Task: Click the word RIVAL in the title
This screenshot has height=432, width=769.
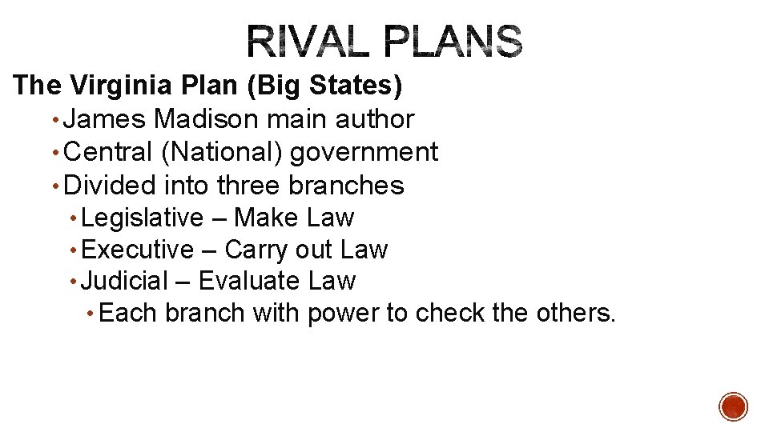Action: (308, 42)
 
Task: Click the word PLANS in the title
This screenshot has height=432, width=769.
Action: (454, 42)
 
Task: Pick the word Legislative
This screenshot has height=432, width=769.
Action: (143, 218)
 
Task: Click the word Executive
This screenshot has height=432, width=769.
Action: (138, 250)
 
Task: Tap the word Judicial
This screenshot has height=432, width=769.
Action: (125, 282)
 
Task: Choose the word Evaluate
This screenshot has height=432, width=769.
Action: (249, 282)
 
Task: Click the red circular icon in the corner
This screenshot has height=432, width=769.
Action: (734, 406)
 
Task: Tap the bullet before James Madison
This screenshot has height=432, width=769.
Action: (54, 120)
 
